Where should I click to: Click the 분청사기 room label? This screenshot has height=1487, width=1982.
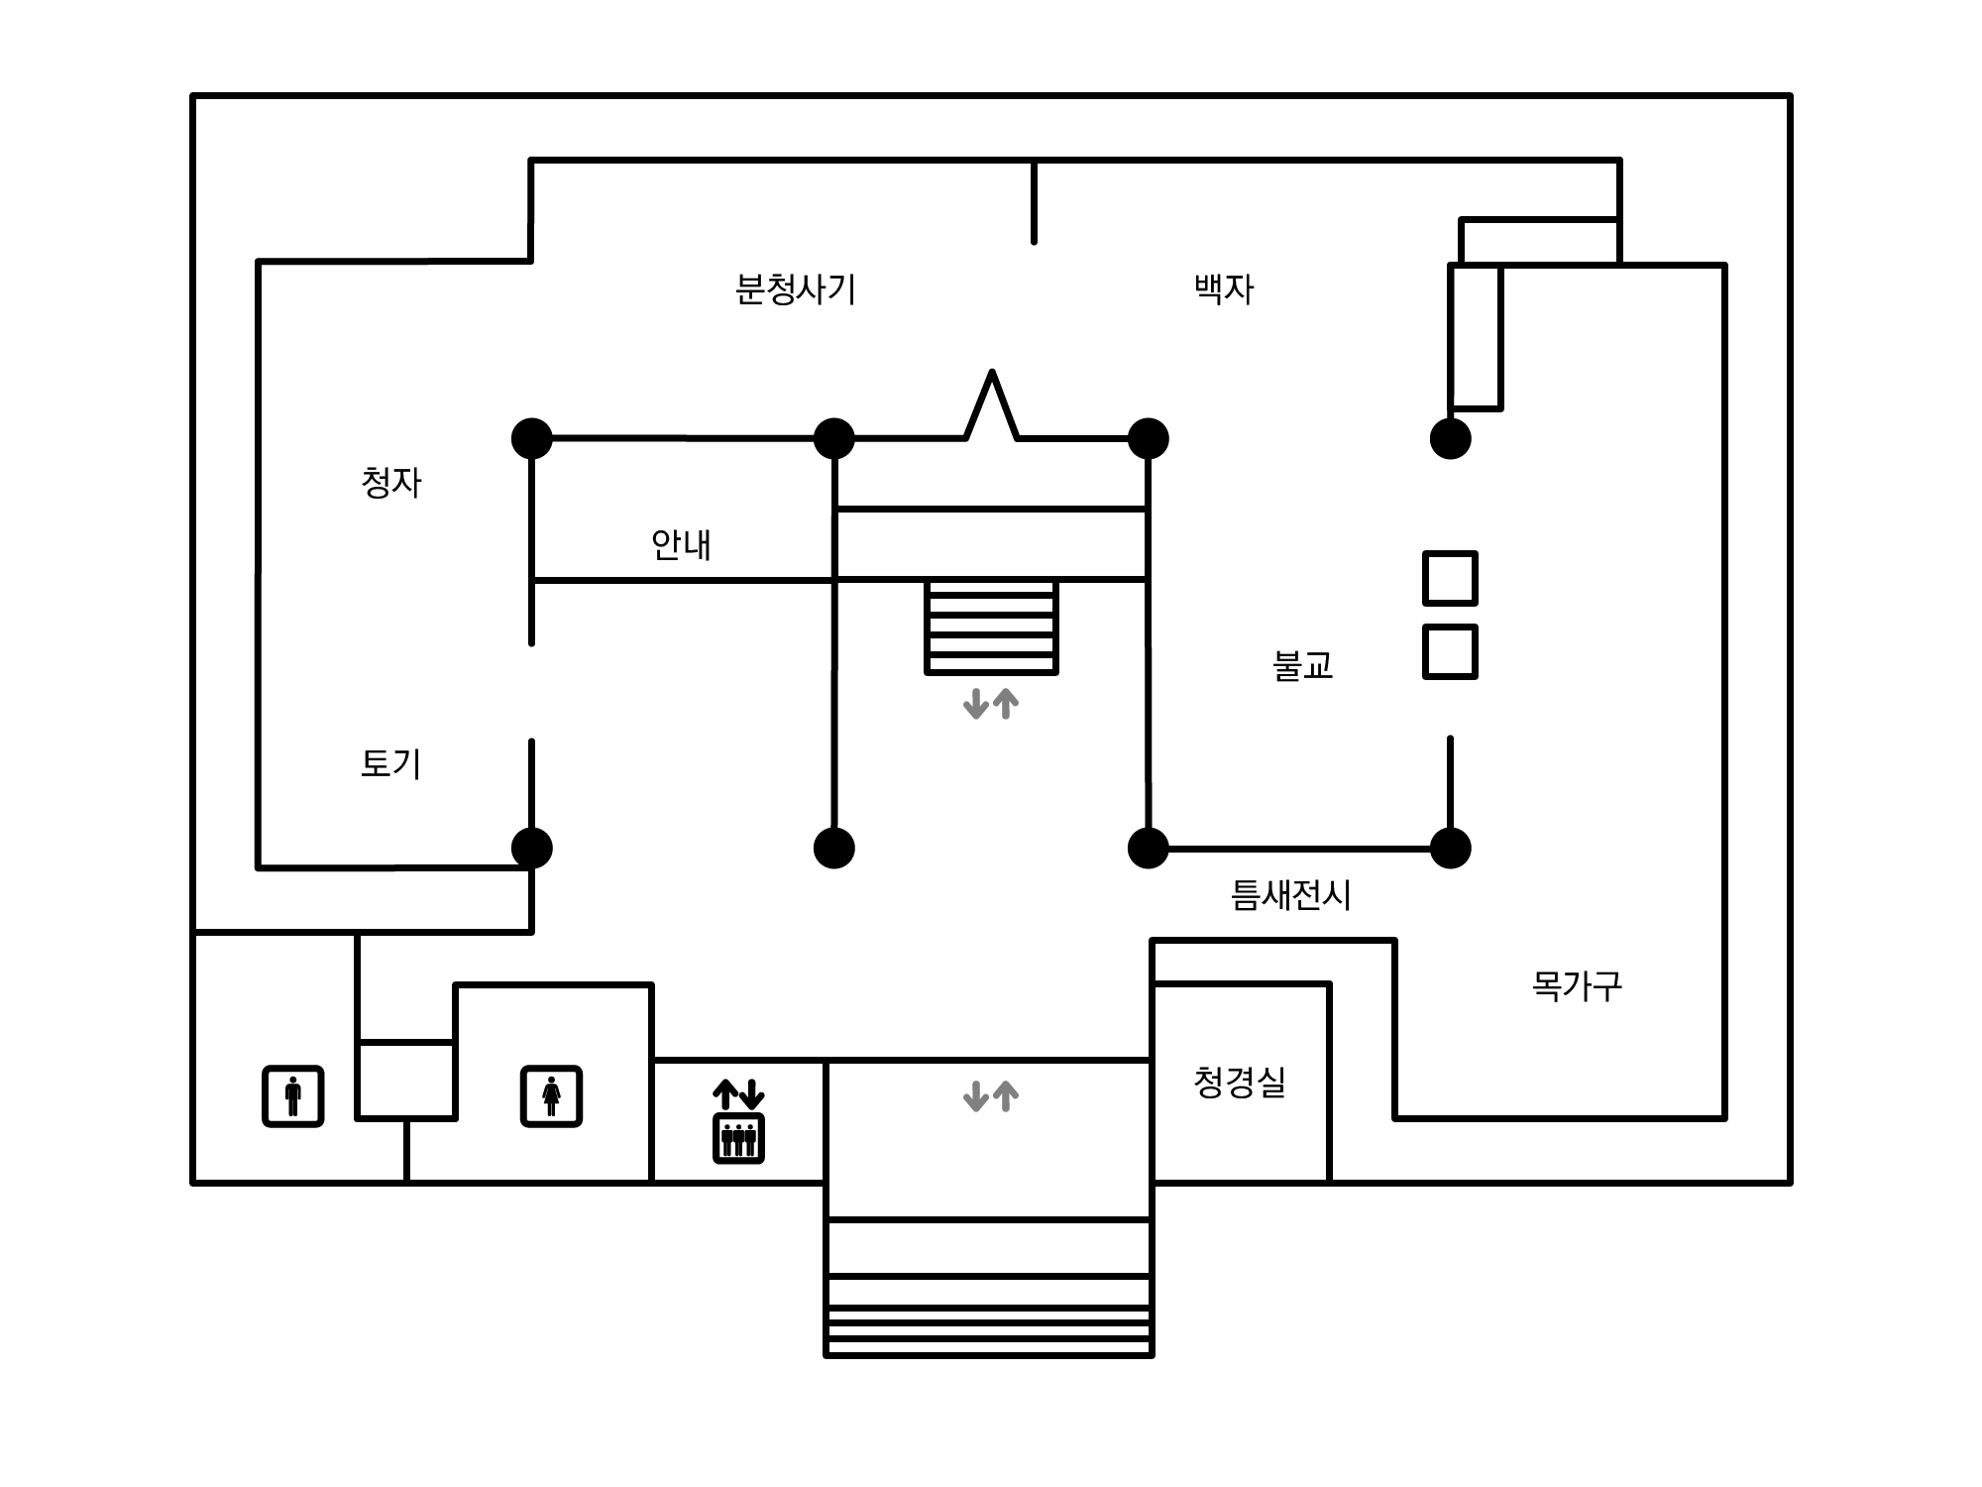[795, 288]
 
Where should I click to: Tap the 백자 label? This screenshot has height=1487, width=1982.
[1224, 288]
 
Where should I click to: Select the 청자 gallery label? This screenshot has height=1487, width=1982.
[391, 483]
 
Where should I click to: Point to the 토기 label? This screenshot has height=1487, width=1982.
[390, 763]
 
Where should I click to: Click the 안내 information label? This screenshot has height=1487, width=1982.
[681, 544]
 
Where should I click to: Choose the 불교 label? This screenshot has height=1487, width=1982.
[1302, 665]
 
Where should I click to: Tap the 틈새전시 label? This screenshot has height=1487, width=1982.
[1290, 895]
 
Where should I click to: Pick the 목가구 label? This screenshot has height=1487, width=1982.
[1577, 985]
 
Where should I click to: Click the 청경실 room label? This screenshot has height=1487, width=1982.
[1240, 1082]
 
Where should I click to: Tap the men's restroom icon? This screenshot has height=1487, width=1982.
[293, 1095]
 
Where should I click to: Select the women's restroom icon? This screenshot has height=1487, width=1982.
[552, 1095]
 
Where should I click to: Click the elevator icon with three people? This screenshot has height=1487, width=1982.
[738, 1138]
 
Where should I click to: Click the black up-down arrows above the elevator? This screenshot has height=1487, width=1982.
[738, 1093]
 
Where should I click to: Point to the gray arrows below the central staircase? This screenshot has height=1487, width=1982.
[991, 704]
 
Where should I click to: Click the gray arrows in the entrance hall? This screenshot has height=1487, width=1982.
[991, 1095]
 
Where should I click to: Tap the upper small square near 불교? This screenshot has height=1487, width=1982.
[1450, 578]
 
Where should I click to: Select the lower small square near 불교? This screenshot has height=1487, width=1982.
[1450, 651]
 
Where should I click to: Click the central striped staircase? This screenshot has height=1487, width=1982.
[991, 627]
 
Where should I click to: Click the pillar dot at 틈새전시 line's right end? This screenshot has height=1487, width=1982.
[1450, 849]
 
